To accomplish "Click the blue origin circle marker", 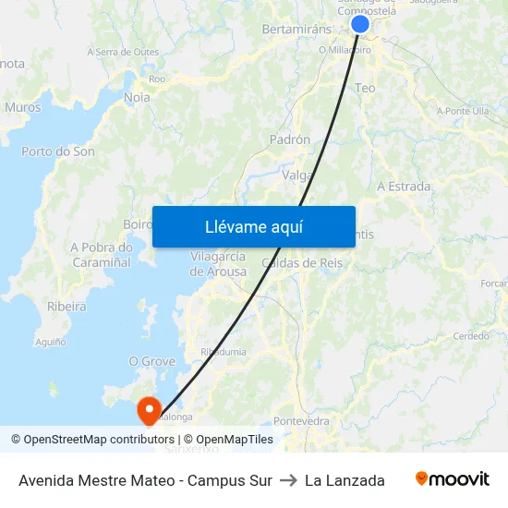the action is click(360, 25).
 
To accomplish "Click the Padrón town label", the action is click(289, 139).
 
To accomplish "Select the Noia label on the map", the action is click(137, 97).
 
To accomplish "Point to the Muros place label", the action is click(23, 107).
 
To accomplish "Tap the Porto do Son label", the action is click(58, 151).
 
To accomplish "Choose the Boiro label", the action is click(138, 224).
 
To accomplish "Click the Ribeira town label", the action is click(67, 306).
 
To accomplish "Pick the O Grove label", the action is click(152, 361).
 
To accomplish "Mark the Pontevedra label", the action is click(302, 421).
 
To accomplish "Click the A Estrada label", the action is click(404, 187).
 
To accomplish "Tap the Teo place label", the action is click(365, 88).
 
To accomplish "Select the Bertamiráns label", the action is click(296, 30).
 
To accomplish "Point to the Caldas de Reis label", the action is click(302, 263).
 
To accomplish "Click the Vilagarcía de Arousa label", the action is click(218, 264).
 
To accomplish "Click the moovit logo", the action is click(452, 479).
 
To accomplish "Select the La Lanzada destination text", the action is click(345, 480).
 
